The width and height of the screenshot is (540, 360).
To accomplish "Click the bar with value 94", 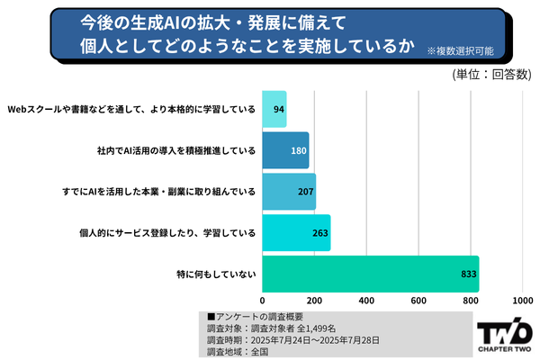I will (274, 109).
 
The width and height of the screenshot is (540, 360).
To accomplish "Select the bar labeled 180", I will (285, 150).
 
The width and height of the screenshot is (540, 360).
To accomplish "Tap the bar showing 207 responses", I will (289, 192).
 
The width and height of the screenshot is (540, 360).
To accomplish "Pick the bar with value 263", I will (296, 233).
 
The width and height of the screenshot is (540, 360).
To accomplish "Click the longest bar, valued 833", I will (370, 274).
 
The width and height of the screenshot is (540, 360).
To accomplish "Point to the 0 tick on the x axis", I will (263, 301).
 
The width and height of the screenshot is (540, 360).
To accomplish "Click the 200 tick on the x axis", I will (314, 301).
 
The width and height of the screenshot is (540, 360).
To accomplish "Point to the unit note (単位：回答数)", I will (490, 75).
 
